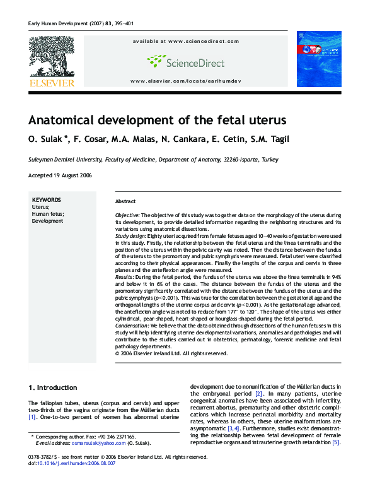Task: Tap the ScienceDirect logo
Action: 185,61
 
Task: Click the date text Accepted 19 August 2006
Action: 61,175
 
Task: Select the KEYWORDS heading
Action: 46,199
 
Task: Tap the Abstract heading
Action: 125,201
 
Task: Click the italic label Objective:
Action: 127,215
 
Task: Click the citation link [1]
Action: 32,417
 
